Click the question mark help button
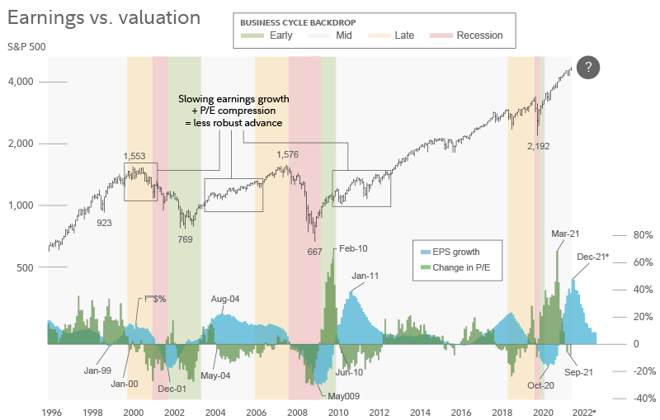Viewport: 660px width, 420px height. [587, 68]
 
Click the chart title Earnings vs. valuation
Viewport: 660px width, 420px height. [105, 17]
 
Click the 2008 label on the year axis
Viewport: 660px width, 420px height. [297, 411]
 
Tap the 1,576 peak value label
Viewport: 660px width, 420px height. [287, 154]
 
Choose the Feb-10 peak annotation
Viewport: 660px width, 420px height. [353, 248]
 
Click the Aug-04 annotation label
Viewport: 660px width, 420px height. [225, 299]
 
